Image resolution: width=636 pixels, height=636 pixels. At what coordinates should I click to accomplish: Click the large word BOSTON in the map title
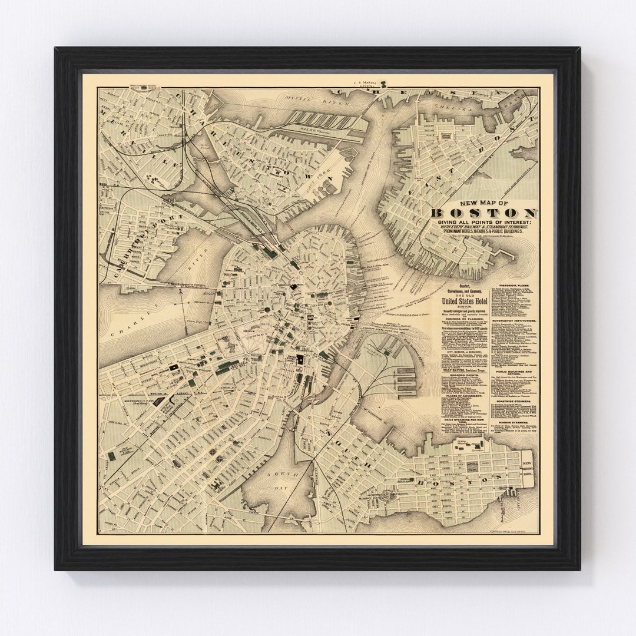tap(483, 213)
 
